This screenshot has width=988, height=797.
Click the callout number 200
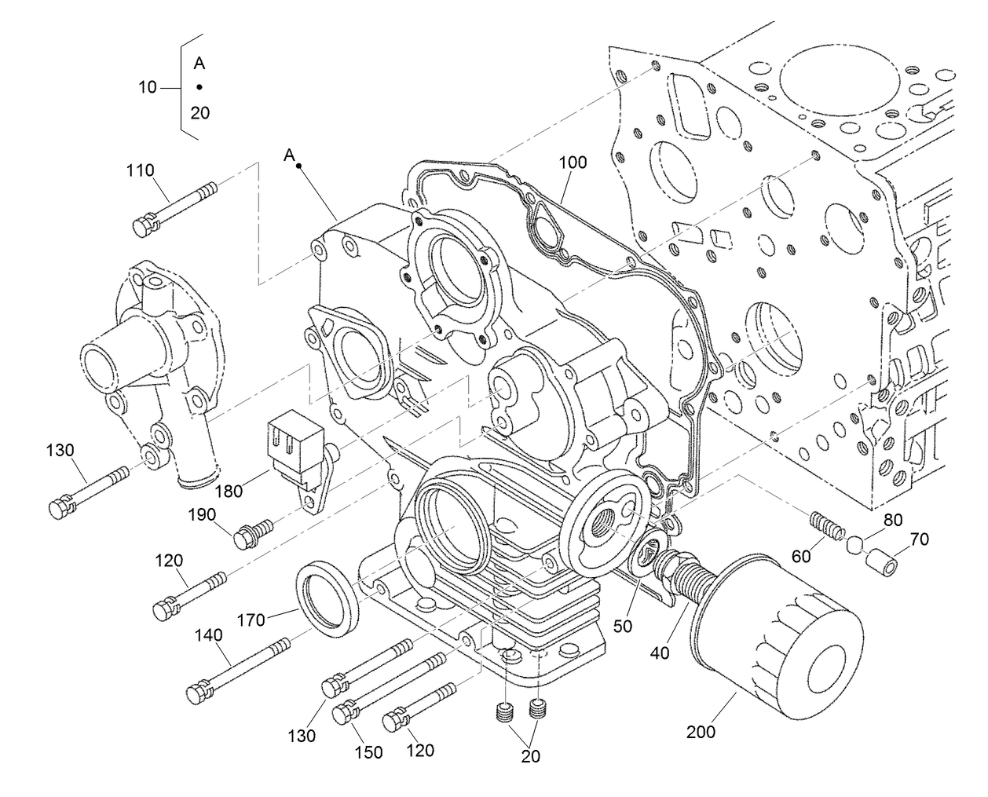click(701, 732)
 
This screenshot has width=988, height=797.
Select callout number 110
click(141, 170)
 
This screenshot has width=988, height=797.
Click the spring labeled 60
click(827, 524)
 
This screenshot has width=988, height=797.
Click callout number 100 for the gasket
click(573, 163)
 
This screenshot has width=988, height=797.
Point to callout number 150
click(368, 753)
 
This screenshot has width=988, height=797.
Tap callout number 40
click(660, 653)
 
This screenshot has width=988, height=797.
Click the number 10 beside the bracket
click(148, 88)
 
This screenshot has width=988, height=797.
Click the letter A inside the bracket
click(199, 64)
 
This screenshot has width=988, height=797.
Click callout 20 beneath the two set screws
click(531, 756)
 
